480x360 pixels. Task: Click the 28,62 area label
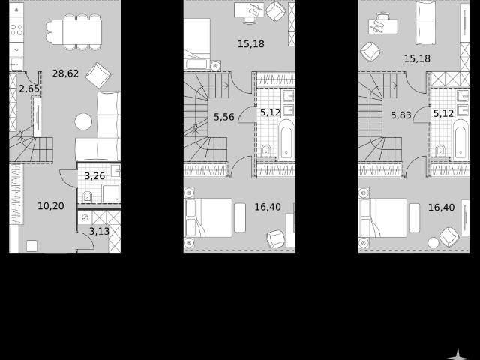pyautogui.click(x=65, y=73)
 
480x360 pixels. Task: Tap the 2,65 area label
pyautogui.click(x=29, y=88)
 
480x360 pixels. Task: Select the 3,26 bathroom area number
pyautogui.click(x=94, y=176)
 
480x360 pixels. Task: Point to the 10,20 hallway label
pyautogui.click(x=51, y=206)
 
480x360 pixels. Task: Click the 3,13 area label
pyautogui.click(x=99, y=231)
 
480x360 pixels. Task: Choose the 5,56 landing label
pyautogui.click(x=224, y=117)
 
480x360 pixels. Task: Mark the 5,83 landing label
pyautogui.click(x=401, y=115)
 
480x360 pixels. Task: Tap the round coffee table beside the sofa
pyautogui.click(x=83, y=121)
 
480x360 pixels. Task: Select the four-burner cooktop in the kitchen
pyautogui.click(x=16, y=30)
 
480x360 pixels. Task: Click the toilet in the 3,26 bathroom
pyautogui.click(x=87, y=196)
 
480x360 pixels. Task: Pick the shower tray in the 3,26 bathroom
pyautogui.click(x=111, y=193)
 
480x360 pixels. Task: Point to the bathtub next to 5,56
pyautogui.click(x=286, y=139)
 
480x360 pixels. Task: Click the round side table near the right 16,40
pyautogui.click(x=433, y=243)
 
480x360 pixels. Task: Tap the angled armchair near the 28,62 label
pyautogui.click(x=98, y=75)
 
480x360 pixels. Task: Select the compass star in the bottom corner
pyautogui.click(x=457, y=355)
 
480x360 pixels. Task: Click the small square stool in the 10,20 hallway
pyautogui.click(x=31, y=246)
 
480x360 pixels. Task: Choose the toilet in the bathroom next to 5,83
pyautogui.click(x=440, y=150)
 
